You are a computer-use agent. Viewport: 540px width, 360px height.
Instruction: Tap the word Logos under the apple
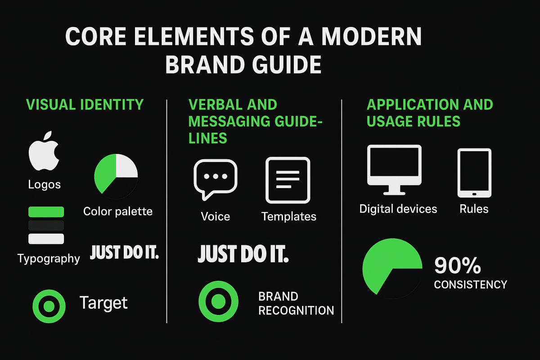(x=44, y=184)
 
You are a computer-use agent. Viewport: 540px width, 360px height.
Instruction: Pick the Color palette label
(x=118, y=211)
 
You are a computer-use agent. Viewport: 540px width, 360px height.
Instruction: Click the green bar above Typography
(x=46, y=212)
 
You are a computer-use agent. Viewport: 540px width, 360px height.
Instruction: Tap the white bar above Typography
(x=46, y=238)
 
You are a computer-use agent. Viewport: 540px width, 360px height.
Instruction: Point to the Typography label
(x=49, y=258)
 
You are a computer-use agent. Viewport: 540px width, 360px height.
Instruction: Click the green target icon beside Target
(x=49, y=306)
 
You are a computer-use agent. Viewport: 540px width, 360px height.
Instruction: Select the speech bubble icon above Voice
(x=215, y=179)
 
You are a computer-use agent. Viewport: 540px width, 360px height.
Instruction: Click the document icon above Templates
(x=288, y=180)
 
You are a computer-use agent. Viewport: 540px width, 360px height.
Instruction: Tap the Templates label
(x=289, y=216)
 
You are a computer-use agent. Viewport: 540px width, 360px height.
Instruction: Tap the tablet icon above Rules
(x=474, y=173)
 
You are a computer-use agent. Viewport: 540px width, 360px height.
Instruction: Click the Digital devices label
(x=398, y=209)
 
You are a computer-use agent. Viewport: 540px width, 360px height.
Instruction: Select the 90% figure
(x=458, y=267)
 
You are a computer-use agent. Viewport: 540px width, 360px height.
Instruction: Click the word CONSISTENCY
(x=470, y=284)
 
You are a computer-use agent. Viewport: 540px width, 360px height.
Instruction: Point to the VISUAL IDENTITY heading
(x=85, y=104)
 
